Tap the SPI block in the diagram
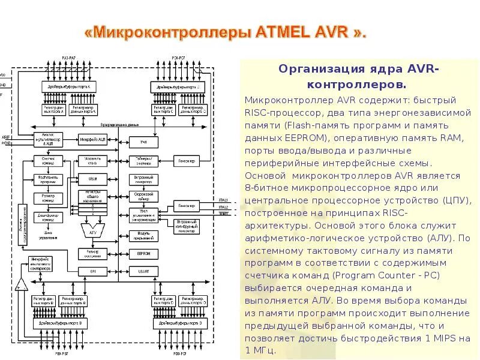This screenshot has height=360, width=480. click(x=93, y=272)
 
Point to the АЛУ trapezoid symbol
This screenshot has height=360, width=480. click(x=92, y=229)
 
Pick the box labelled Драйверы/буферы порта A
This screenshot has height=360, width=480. click(x=71, y=88)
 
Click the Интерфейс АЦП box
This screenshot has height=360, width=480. click(x=93, y=140)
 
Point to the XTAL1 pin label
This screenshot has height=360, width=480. click(x=223, y=200)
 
